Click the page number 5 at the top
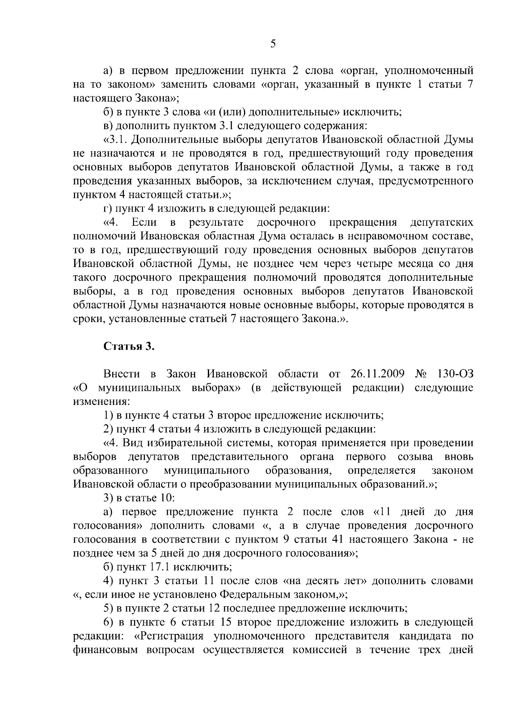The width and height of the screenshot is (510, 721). [x=273, y=44]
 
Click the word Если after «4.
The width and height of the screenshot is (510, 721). [x=144, y=222]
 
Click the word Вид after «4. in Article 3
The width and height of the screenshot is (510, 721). [x=133, y=443]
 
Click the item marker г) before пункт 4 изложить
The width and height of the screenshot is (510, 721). [x=108, y=209]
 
